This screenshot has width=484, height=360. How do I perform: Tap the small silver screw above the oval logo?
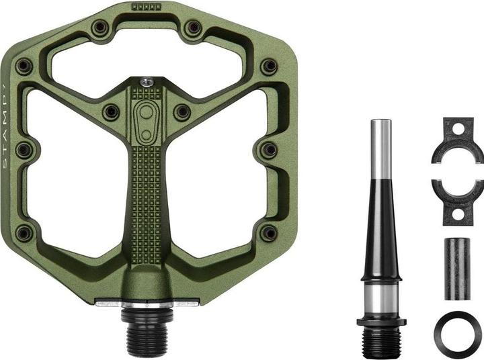tap(147, 82)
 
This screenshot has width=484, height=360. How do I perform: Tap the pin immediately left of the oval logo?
tap(112, 111)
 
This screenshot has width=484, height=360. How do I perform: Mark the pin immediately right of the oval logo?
tap(182, 111)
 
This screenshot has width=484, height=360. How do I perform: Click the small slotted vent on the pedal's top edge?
tap(147, 7)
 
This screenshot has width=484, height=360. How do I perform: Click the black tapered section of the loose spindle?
tap(381, 228)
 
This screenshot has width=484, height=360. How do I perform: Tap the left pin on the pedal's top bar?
tap(101, 28)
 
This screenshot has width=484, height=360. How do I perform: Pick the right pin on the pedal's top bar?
tap(193, 28)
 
